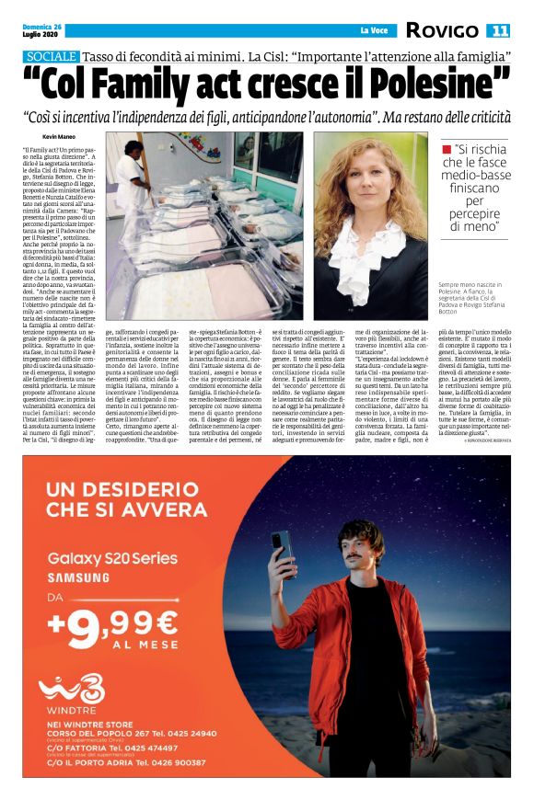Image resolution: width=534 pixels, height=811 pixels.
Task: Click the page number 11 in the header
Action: pos(499,31)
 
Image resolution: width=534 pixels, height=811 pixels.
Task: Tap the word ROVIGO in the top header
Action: pos(442,31)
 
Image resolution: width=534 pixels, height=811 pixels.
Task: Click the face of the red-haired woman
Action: pos(380,189)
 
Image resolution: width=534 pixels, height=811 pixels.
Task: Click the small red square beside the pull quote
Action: pos(447,148)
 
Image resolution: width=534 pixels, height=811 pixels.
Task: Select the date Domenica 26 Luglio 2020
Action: pos(42,30)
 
